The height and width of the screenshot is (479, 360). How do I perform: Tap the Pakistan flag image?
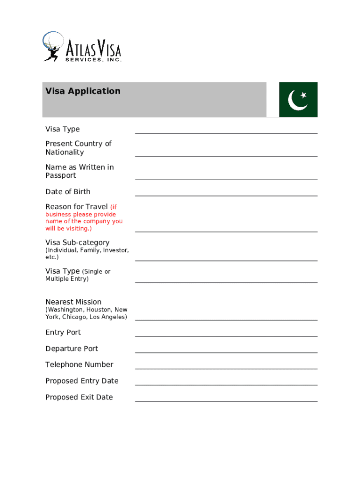[x=298, y=100]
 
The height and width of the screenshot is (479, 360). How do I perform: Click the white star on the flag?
[x=303, y=95]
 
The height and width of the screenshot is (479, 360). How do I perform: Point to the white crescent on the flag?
[x=295, y=101]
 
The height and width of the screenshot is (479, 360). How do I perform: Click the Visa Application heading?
[x=83, y=91]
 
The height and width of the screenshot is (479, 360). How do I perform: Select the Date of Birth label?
[x=68, y=192]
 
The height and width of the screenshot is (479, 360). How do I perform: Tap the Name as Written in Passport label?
[x=79, y=171]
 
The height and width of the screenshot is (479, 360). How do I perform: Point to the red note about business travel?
[x=84, y=221]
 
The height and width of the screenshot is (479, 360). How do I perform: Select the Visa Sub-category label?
[x=77, y=242]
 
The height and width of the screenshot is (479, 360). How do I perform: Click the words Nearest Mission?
[x=73, y=302]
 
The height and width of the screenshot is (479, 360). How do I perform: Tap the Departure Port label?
[x=72, y=348]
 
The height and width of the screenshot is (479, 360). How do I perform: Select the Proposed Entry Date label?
[x=82, y=381]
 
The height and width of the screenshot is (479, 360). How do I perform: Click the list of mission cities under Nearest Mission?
[x=86, y=313]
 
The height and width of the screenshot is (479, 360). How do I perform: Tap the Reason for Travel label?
[x=76, y=207]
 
